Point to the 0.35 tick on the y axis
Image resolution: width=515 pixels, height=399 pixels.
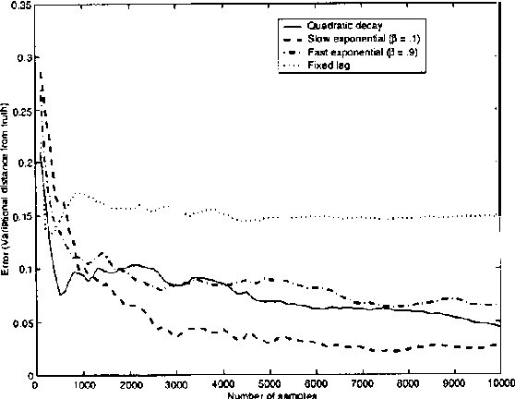18,6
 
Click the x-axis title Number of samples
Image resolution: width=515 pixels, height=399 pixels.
269,394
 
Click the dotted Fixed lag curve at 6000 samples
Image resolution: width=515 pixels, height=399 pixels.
315,218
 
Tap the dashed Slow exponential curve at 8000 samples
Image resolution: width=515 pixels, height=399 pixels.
408,349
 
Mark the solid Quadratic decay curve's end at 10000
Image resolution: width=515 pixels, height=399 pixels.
500,325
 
